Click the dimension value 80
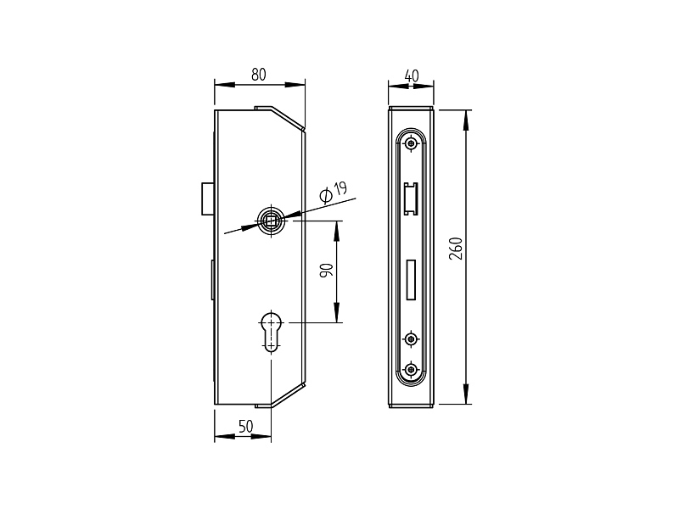[x=259, y=75]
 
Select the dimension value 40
[x=412, y=76]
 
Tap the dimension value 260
[x=456, y=249]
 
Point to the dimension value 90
[x=327, y=271]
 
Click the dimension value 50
[x=245, y=427]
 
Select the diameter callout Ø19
[x=334, y=193]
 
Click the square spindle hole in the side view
[x=271, y=221]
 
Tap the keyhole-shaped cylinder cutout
[x=272, y=330]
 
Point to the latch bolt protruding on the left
[x=208, y=199]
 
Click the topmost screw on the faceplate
[x=411, y=143]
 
